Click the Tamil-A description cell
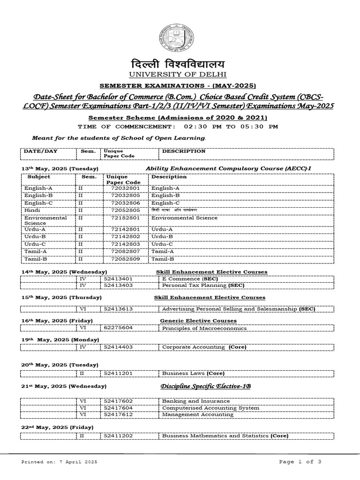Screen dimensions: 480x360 tap(163, 251)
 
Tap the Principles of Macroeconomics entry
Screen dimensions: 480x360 tap(204, 328)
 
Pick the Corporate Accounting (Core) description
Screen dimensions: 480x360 tap(204, 347)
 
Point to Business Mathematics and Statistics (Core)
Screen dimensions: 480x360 tap(225, 436)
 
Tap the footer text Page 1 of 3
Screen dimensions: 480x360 tap(300, 462)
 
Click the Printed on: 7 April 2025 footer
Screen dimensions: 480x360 tap(59, 462)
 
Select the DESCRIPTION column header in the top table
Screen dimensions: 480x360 tap(183, 151)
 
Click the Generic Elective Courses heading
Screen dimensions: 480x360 tap(198, 321)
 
